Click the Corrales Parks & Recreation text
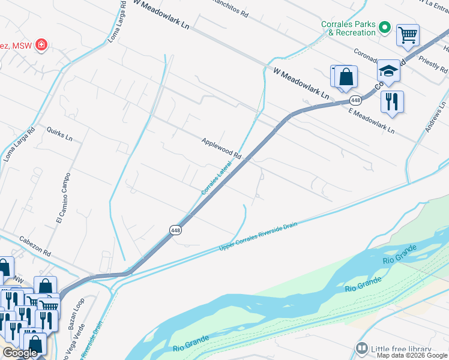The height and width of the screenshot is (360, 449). [348, 28]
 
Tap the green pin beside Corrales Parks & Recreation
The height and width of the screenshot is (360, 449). [385, 28]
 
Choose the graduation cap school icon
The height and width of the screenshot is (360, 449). [388, 71]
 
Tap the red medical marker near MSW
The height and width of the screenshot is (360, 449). [41, 46]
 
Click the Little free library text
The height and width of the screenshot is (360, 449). [401, 349]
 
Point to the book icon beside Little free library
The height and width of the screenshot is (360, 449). [361, 349]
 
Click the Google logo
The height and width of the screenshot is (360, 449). [20, 353]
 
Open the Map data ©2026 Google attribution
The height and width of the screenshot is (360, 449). [412, 355]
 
